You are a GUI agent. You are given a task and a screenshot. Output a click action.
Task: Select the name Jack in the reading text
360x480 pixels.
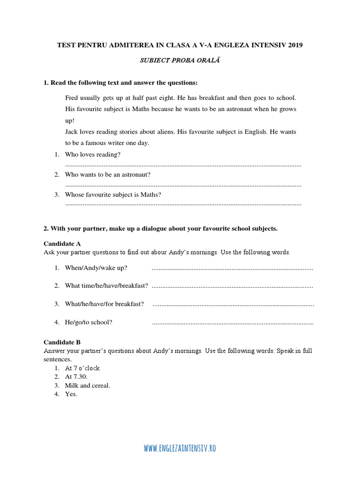click(x=72, y=132)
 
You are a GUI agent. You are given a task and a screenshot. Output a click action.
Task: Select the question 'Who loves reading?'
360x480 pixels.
click(x=93, y=154)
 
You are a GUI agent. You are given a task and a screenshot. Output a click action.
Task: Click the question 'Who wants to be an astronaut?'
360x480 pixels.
click(x=108, y=174)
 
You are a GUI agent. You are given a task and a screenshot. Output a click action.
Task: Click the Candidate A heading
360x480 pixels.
click(x=62, y=243)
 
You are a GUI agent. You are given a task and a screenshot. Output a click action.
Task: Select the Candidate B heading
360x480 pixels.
click(x=62, y=342)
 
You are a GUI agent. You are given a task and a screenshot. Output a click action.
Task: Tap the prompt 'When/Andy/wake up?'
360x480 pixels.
click(x=96, y=268)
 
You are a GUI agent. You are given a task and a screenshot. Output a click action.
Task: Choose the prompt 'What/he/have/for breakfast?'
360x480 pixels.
click(x=105, y=304)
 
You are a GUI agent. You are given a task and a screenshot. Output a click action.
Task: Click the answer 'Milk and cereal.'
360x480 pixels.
click(x=88, y=385)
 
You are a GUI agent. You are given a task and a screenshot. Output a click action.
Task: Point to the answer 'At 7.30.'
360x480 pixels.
click(x=76, y=376)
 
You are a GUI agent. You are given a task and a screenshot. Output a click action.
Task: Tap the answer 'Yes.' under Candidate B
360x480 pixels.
click(x=71, y=394)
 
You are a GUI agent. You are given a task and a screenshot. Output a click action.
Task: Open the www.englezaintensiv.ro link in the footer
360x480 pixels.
click(x=180, y=448)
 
